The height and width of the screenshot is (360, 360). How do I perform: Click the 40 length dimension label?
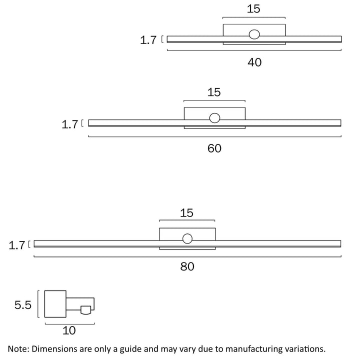click(x=254, y=62)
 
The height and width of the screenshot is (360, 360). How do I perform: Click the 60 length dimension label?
click(x=214, y=148)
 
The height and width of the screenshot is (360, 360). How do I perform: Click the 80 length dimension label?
click(x=187, y=267)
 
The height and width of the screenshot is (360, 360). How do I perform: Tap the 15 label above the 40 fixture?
click(x=253, y=8)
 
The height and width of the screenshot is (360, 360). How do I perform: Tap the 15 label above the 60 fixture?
click(x=214, y=92)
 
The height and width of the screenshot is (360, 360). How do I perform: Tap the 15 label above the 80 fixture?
click(x=186, y=213)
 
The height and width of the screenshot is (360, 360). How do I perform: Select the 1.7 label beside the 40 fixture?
click(x=148, y=40)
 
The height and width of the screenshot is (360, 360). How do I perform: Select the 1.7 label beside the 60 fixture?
click(x=70, y=124)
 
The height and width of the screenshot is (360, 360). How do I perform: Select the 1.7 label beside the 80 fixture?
click(x=17, y=245)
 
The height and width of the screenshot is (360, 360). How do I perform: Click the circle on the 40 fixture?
click(x=254, y=34)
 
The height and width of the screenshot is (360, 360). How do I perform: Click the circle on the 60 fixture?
click(x=214, y=118)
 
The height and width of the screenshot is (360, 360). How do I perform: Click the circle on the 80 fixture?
click(x=187, y=239)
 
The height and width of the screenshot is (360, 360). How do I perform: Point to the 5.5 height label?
click(x=23, y=304)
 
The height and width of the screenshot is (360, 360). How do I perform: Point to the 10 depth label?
click(x=69, y=330)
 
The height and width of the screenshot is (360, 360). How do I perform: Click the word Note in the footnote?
click(x=18, y=348)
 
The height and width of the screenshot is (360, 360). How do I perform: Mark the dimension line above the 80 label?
click(x=187, y=256)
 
